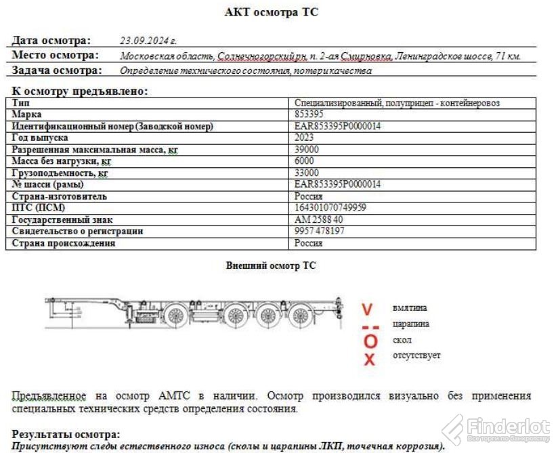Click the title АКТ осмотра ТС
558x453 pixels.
coord(271,12)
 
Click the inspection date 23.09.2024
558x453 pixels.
coord(148,41)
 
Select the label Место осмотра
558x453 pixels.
coord(55,56)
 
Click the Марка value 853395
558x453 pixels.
coord(308,114)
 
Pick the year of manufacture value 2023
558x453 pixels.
coord(305,137)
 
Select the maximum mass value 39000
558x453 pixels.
coord(306,149)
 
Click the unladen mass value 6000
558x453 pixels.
coord(304,161)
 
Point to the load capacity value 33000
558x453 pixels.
coord(306,173)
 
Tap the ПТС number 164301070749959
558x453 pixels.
coord(330,208)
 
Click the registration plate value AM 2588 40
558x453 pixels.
coord(318,219)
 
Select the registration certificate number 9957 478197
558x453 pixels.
coord(320,231)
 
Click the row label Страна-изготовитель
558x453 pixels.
coord(59,196)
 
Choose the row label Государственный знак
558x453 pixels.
coord(62,219)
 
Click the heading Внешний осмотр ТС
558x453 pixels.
coord(271,266)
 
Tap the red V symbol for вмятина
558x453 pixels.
coord(367,310)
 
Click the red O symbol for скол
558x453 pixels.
coord(369,341)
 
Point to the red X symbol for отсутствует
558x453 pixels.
coord(369,359)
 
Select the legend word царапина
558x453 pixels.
coord(410,324)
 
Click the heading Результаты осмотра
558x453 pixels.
coord(66,434)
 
